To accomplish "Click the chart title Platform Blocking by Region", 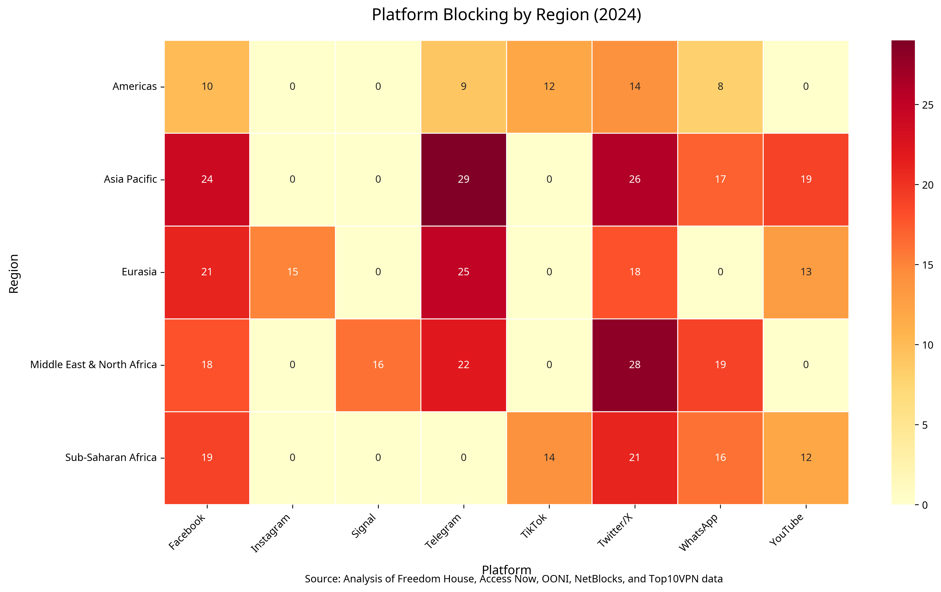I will (506, 15).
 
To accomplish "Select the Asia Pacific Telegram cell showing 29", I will (463, 179).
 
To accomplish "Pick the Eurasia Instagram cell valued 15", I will (292, 272).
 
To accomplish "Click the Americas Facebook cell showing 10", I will (207, 86).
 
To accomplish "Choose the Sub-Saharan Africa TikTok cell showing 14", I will (549, 458).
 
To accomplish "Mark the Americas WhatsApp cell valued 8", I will (720, 86).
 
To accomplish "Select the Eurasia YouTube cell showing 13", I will (806, 272).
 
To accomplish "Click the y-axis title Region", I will (14, 274).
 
